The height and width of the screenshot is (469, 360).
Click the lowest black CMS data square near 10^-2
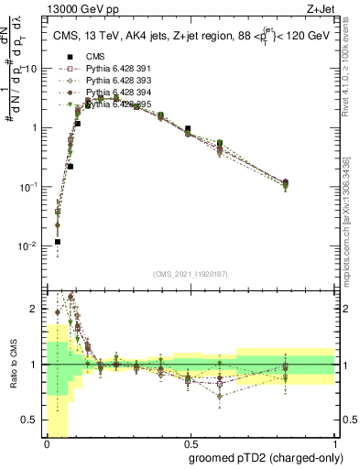click(x=57, y=242)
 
